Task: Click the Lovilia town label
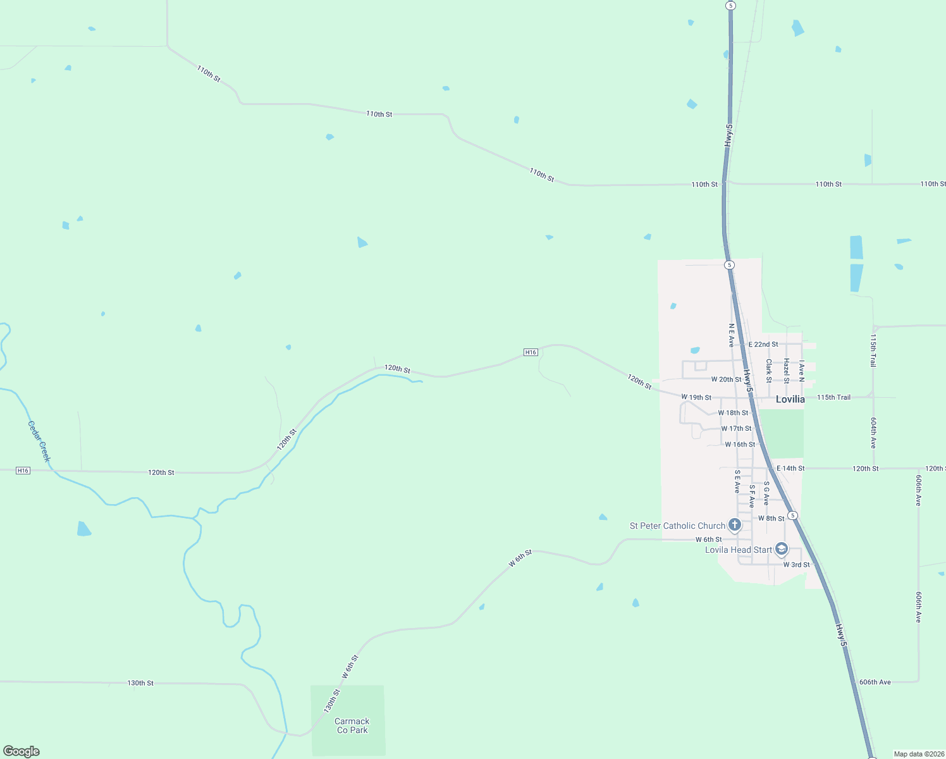[x=790, y=399]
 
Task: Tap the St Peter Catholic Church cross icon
[x=735, y=524]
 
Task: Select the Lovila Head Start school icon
[x=782, y=548]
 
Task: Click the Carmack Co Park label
[x=352, y=725]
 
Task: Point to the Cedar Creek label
[x=39, y=441]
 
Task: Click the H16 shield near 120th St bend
[x=531, y=352]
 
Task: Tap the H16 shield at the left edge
[x=23, y=471]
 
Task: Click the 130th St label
[x=140, y=683]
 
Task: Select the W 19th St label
[x=696, y=397]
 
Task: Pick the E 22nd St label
[x=763, y=345]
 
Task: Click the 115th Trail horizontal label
[x=833, y=397]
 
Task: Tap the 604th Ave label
[x=873, y=433]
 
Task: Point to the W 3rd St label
[x=796, y=565]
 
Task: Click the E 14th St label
[x=790, y=469]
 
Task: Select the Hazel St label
[x=787, y=371]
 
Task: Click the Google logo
[x=21, y=751]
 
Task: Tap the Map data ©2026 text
[x=918, y=754]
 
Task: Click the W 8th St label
[x=771, y=519]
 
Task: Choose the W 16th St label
[x=740, y=445]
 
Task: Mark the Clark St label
[x=769, y=371]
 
